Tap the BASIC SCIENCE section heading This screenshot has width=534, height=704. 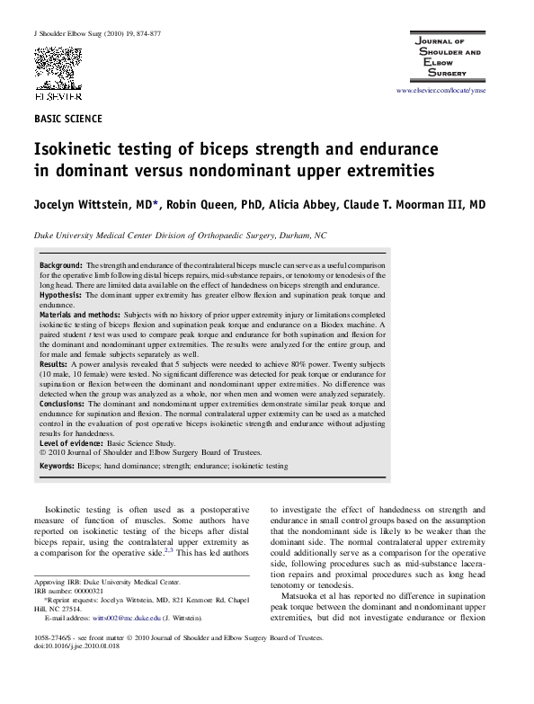click(67, 119)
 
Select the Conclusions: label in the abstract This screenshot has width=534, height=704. click(63, 405)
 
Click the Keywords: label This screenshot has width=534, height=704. click(58, 467)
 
